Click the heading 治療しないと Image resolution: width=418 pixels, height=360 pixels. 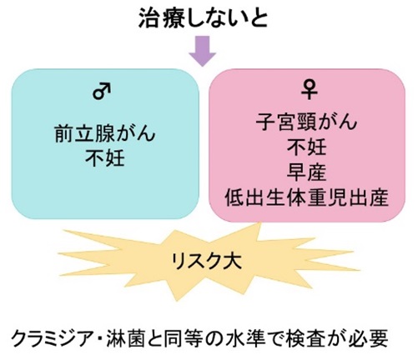tap(203, 18)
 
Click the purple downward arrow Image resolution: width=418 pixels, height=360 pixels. tap(203, 51)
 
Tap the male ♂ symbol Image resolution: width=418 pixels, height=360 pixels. tap(102, 91)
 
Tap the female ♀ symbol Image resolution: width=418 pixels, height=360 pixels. tap(309, 90)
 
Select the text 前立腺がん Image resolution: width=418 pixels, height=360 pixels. tap(105, 133)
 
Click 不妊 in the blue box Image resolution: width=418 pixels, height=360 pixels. tap(105, 158)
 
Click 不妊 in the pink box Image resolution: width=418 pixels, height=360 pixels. tap(306, 147)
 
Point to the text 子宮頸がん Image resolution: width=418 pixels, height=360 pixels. tap(306, 122)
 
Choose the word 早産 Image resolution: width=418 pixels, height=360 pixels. tap(306, 172)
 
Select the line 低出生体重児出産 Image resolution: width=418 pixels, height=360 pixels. tap(306, 197)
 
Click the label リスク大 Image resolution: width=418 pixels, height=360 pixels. tap(206, 261)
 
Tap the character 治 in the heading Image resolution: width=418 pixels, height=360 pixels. tap(149, 18)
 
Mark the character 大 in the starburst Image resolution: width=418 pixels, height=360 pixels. tap(233, 261)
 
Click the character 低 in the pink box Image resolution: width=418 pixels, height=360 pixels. tap(234, 197)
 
